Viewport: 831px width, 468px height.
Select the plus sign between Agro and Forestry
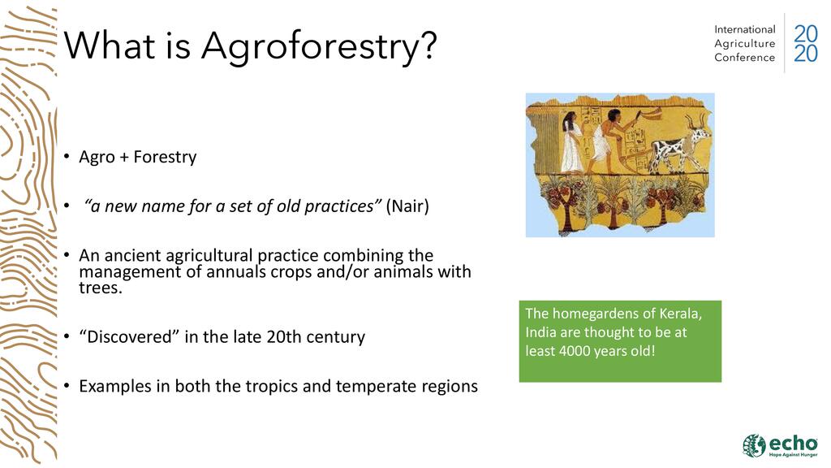(124, 158)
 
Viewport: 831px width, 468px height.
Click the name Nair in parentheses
(407, 206)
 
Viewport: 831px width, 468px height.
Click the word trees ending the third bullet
(99, 288)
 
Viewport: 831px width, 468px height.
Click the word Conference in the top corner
(745, 58)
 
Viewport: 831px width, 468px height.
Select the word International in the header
(745, 30)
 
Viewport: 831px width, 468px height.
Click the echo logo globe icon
(754, 445)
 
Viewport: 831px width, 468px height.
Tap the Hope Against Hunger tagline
(793, 455)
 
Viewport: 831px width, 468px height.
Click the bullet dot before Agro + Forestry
(67, 157)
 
